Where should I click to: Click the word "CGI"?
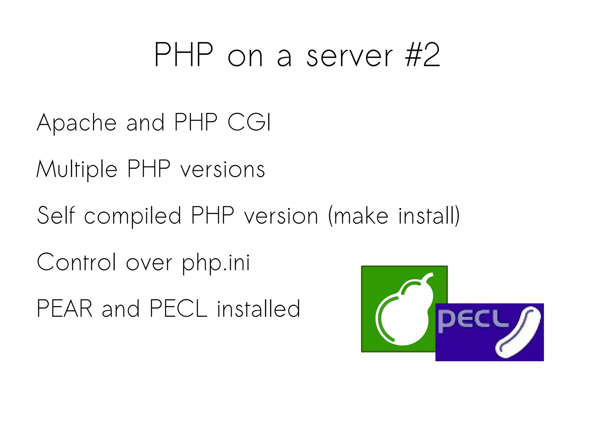249,122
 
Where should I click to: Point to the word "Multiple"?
77,169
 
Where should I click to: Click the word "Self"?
56,215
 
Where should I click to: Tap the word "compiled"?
133,216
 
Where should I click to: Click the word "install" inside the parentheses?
427,215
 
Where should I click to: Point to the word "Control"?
77,262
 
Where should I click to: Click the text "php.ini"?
216,263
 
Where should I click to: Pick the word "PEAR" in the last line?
64,309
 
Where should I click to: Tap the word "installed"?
259,309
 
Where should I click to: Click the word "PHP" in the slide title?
184,55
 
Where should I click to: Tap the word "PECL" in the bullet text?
178,309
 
